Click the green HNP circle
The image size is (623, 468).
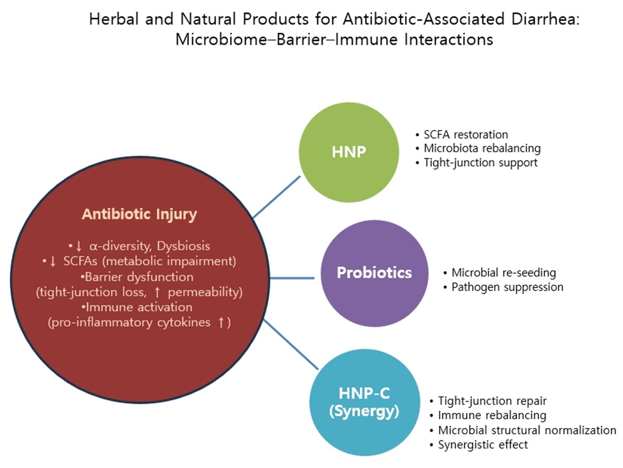349,152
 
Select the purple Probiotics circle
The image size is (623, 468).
374,273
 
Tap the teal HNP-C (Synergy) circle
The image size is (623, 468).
364,402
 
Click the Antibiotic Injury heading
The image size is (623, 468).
140,214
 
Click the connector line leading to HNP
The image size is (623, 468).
277,197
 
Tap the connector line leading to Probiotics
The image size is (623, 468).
292,278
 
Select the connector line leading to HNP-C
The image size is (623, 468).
291,344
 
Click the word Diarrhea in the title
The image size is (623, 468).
545,19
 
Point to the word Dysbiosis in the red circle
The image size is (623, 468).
183,246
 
